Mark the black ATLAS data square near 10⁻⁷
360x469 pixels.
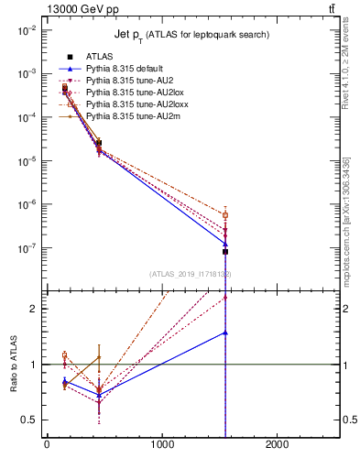[x=225, y=251]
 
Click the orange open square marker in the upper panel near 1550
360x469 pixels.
[x=225, y=215]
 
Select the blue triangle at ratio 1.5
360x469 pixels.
[x=225, y=333]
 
